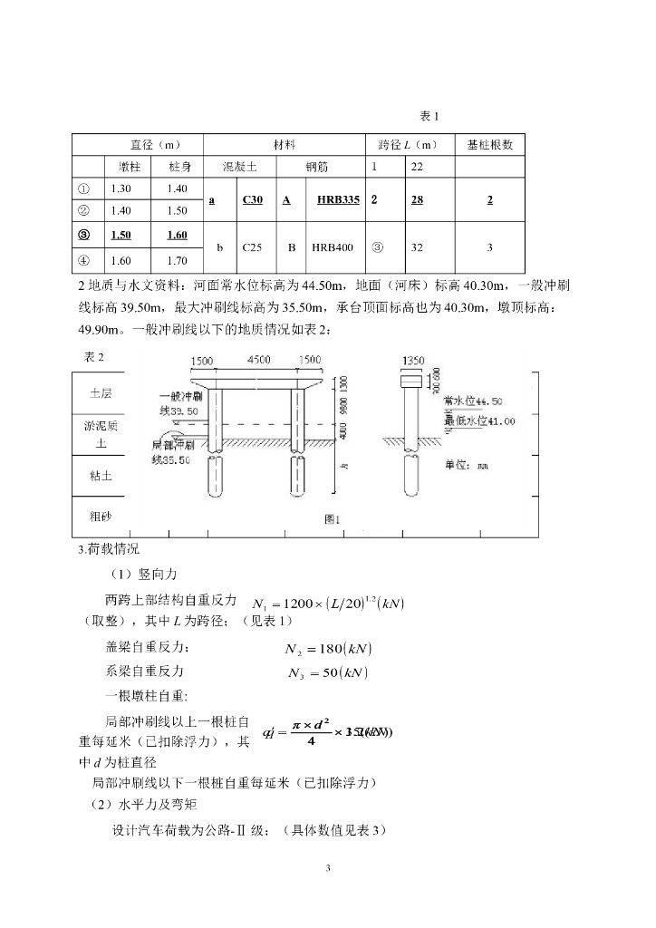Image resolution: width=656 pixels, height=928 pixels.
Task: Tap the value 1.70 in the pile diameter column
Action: [178, 262]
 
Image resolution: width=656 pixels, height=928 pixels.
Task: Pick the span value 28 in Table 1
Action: [417, 200]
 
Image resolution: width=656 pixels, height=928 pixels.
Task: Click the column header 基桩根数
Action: [490, 145]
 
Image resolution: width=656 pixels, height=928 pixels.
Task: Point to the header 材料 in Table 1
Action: [285, 145]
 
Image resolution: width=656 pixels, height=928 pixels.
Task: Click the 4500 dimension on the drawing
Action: [258, 360]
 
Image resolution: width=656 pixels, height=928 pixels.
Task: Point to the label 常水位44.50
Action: [473, 401]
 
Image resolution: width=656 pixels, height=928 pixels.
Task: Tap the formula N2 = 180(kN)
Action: [329, 648]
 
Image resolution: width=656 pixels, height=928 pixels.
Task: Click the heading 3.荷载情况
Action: [109, 549]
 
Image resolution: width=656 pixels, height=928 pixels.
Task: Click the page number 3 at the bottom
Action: [328, 869]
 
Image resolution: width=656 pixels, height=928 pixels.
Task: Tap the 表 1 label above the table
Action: [429, 116]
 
